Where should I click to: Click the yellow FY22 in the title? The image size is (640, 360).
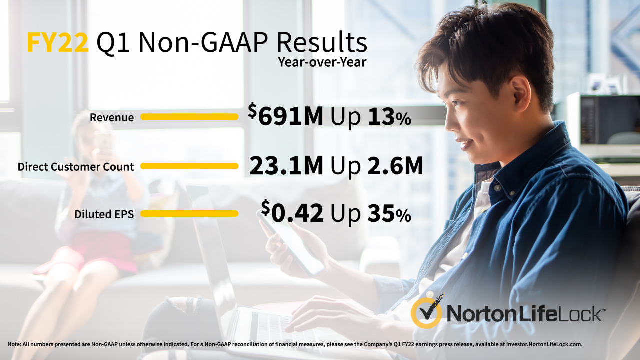pos(57,43)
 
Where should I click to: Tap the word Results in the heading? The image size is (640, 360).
pos(322,43)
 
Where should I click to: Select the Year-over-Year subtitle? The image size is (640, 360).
pos(322,62)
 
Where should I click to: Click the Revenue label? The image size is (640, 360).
pos(112,117)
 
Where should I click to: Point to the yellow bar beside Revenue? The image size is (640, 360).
pos(189,117)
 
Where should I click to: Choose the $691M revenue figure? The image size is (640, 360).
pos(285,115)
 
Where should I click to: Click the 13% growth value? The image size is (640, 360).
pos(389,117)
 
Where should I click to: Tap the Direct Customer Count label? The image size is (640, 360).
pos(76,167)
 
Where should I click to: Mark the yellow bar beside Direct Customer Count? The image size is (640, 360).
pos(189,166)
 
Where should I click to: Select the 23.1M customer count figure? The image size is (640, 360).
pos(286,166)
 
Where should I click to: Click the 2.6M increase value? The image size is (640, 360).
pos(395,166)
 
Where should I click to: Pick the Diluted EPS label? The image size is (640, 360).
pos(104,214)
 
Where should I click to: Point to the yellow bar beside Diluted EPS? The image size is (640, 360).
pos(189,213)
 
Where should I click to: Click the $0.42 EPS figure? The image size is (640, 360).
pos(292,212)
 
